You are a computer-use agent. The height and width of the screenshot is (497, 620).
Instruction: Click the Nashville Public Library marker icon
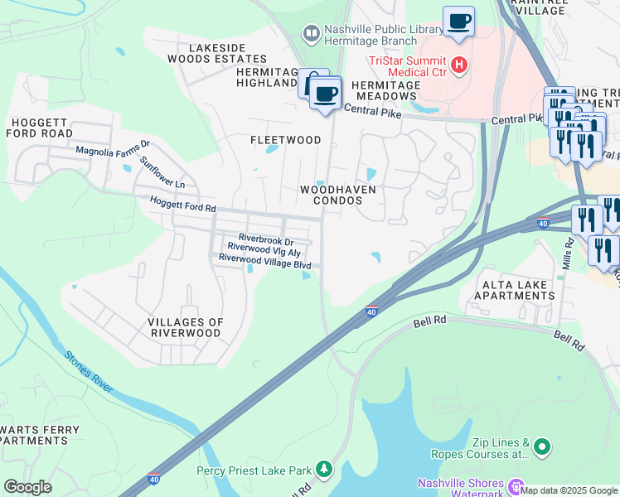312,34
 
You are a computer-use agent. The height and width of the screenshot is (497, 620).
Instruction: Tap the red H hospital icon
459,65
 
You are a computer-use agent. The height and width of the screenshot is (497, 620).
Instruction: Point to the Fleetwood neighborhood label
285,140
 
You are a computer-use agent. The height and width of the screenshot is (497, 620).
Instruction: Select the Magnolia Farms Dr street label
106,151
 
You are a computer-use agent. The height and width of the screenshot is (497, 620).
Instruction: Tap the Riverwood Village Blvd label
264,258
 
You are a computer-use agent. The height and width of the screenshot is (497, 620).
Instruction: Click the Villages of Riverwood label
184,327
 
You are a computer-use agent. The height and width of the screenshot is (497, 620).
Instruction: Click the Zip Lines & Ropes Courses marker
542,448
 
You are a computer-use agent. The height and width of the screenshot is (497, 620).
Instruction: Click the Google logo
27,487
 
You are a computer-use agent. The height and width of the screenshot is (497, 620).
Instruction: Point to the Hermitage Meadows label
386,90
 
